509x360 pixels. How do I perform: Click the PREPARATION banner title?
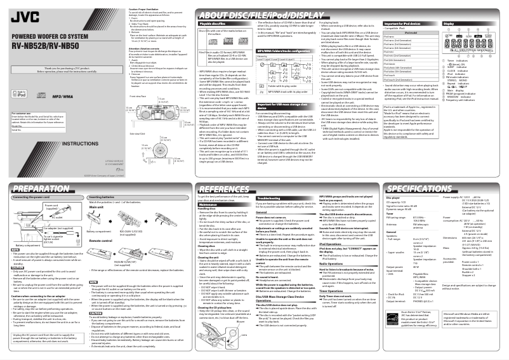tap(41, 190)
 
